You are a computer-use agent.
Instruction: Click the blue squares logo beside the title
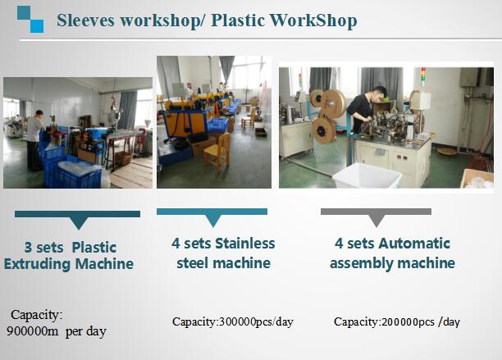30,19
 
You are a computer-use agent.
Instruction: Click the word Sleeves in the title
85,21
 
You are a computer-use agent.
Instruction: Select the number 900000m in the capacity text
33,330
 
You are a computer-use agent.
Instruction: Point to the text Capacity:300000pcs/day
233,321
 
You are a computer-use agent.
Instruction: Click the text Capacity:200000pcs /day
397,321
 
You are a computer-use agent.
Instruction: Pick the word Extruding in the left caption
37,264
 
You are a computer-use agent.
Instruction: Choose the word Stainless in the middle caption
245,244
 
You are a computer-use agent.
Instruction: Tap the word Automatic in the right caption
414,244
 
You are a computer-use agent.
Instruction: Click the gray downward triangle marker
376,220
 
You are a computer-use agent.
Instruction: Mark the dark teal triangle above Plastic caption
79,222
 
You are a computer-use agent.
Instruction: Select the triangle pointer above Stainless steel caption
213,221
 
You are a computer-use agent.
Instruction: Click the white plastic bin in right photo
367,175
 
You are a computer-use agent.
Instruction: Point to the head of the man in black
379,93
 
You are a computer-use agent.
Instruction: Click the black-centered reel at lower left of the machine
324,130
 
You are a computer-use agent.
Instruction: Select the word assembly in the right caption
362,264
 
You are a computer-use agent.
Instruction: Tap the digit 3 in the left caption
28,248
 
